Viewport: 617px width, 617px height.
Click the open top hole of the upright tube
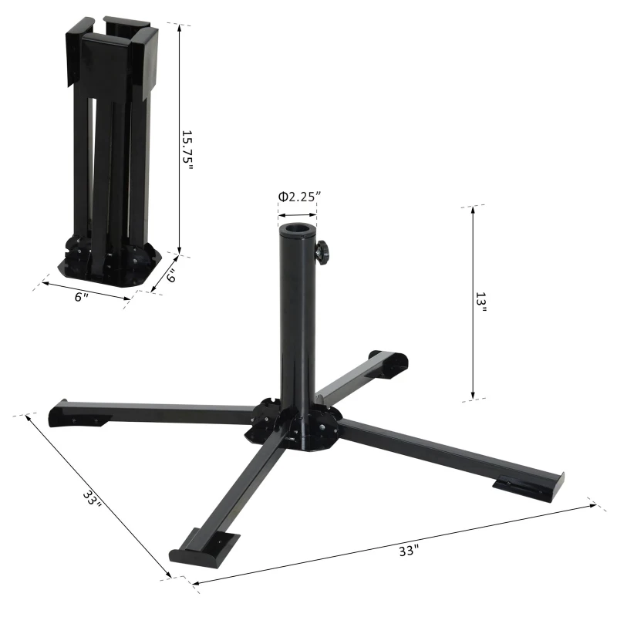(x=297, y=229)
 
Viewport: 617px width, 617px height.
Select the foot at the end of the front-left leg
(x=203, y=546)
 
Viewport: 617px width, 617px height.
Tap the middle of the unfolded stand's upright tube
(x=297, y=324)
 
